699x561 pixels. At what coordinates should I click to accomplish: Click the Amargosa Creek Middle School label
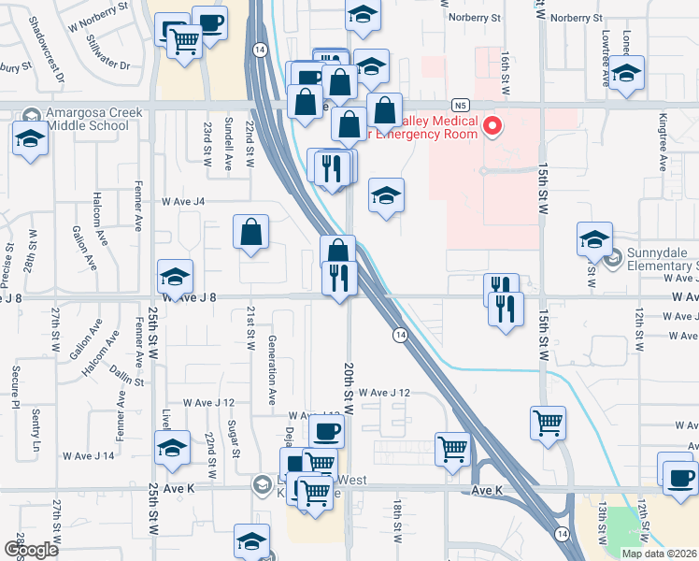click(x=85, y=119)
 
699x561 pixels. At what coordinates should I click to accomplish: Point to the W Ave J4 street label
click(x=183, y=201)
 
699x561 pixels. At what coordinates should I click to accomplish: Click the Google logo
click(x=30, y=550)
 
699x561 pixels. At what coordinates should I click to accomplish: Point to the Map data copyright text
click(x=659, y=554)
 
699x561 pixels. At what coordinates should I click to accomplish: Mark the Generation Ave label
click(x=272, y=369)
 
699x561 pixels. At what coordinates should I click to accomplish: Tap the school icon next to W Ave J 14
click(x=173, y=449)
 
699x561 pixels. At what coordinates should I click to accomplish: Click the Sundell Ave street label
click(x=229, y=144)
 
